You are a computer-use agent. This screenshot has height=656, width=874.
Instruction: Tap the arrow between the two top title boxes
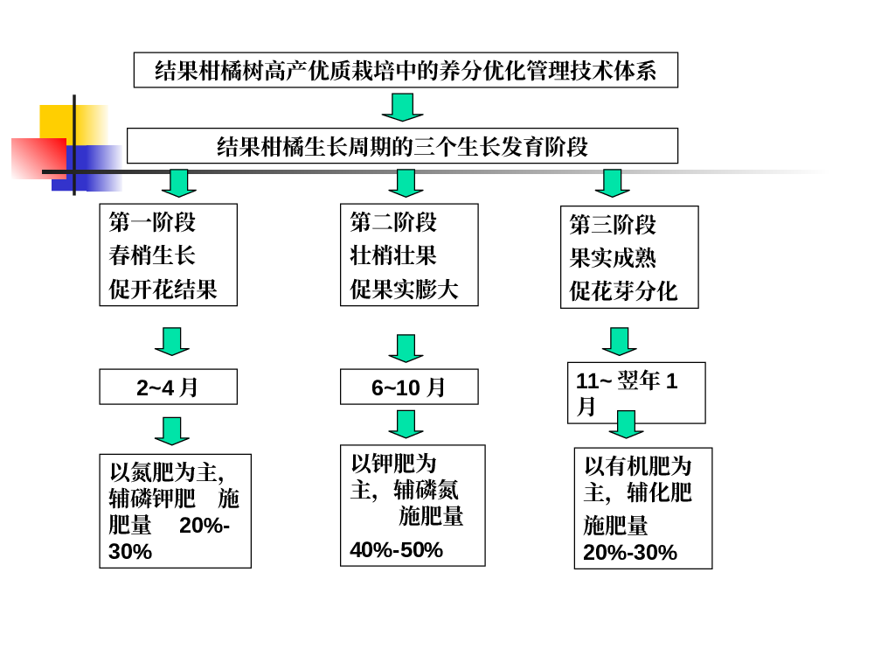(402, 107)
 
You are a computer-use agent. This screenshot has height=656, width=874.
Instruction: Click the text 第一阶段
(152, 222)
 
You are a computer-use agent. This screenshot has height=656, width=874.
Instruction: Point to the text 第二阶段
(393, 222)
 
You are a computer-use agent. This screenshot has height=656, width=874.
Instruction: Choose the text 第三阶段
(613, 224)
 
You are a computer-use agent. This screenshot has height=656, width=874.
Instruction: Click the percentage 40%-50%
(396, 550)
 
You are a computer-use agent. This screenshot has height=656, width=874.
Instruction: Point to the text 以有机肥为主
(638, 478)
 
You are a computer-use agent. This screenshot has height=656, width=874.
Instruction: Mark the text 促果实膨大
(404, 289)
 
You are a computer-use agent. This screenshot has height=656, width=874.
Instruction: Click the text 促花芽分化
(623, 290)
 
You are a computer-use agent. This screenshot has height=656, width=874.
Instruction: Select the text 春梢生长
(152, 255)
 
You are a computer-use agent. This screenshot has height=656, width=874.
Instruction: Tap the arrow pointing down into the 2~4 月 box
(171, 341)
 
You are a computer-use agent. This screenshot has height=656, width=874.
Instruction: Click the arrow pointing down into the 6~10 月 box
(406, 348)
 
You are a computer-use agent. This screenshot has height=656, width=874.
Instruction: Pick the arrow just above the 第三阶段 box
(613, 184)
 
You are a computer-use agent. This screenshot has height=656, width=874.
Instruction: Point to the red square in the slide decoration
(39, 158)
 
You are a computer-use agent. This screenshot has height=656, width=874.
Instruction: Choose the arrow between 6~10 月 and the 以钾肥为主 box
(406, 424)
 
